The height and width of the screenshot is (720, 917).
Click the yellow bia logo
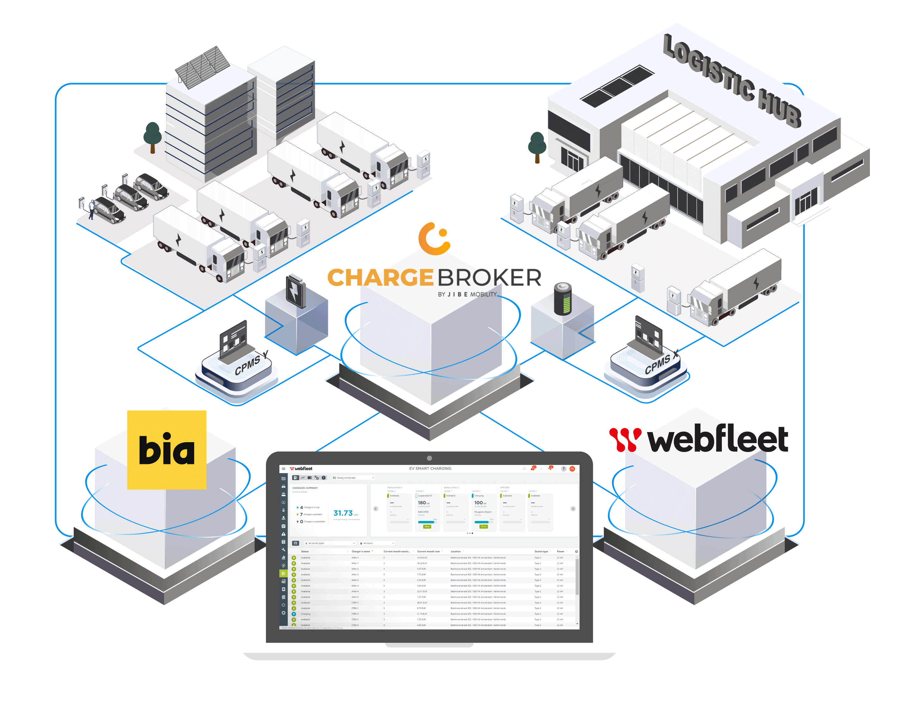coord(167,449)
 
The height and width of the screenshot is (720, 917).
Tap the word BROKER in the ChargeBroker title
coord(489,278)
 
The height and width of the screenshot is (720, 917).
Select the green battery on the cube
coord(563,299)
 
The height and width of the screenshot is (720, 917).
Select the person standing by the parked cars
coord(91,209)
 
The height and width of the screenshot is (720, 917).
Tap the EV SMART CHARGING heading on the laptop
coord(430,468)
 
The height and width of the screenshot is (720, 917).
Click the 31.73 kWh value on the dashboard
coord(343,513)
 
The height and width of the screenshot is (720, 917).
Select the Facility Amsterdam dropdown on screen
coord(353,478)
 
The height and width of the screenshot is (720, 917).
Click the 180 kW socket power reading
coord(423,503)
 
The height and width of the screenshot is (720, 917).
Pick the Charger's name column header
coord(361,552)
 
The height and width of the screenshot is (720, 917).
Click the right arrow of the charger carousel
coord(573,509)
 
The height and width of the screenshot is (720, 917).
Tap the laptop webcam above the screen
coord(429,458)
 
